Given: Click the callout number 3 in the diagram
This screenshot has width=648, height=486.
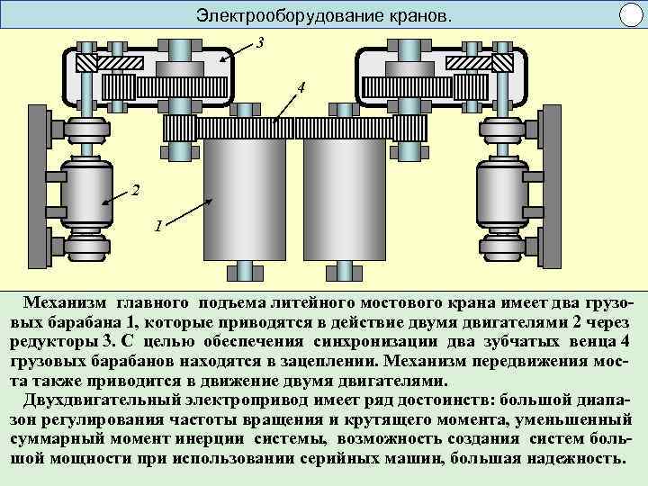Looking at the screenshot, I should click(261, 42).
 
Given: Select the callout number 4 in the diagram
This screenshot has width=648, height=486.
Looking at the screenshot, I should click(301, 88).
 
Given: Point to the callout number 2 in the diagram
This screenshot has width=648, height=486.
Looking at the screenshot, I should click(135, 191).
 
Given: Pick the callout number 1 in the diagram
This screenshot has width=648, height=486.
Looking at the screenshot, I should click(157, 226).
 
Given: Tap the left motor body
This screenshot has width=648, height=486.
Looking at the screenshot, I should click(86, 194).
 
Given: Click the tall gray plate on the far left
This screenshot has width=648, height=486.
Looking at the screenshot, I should click(37, 189).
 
